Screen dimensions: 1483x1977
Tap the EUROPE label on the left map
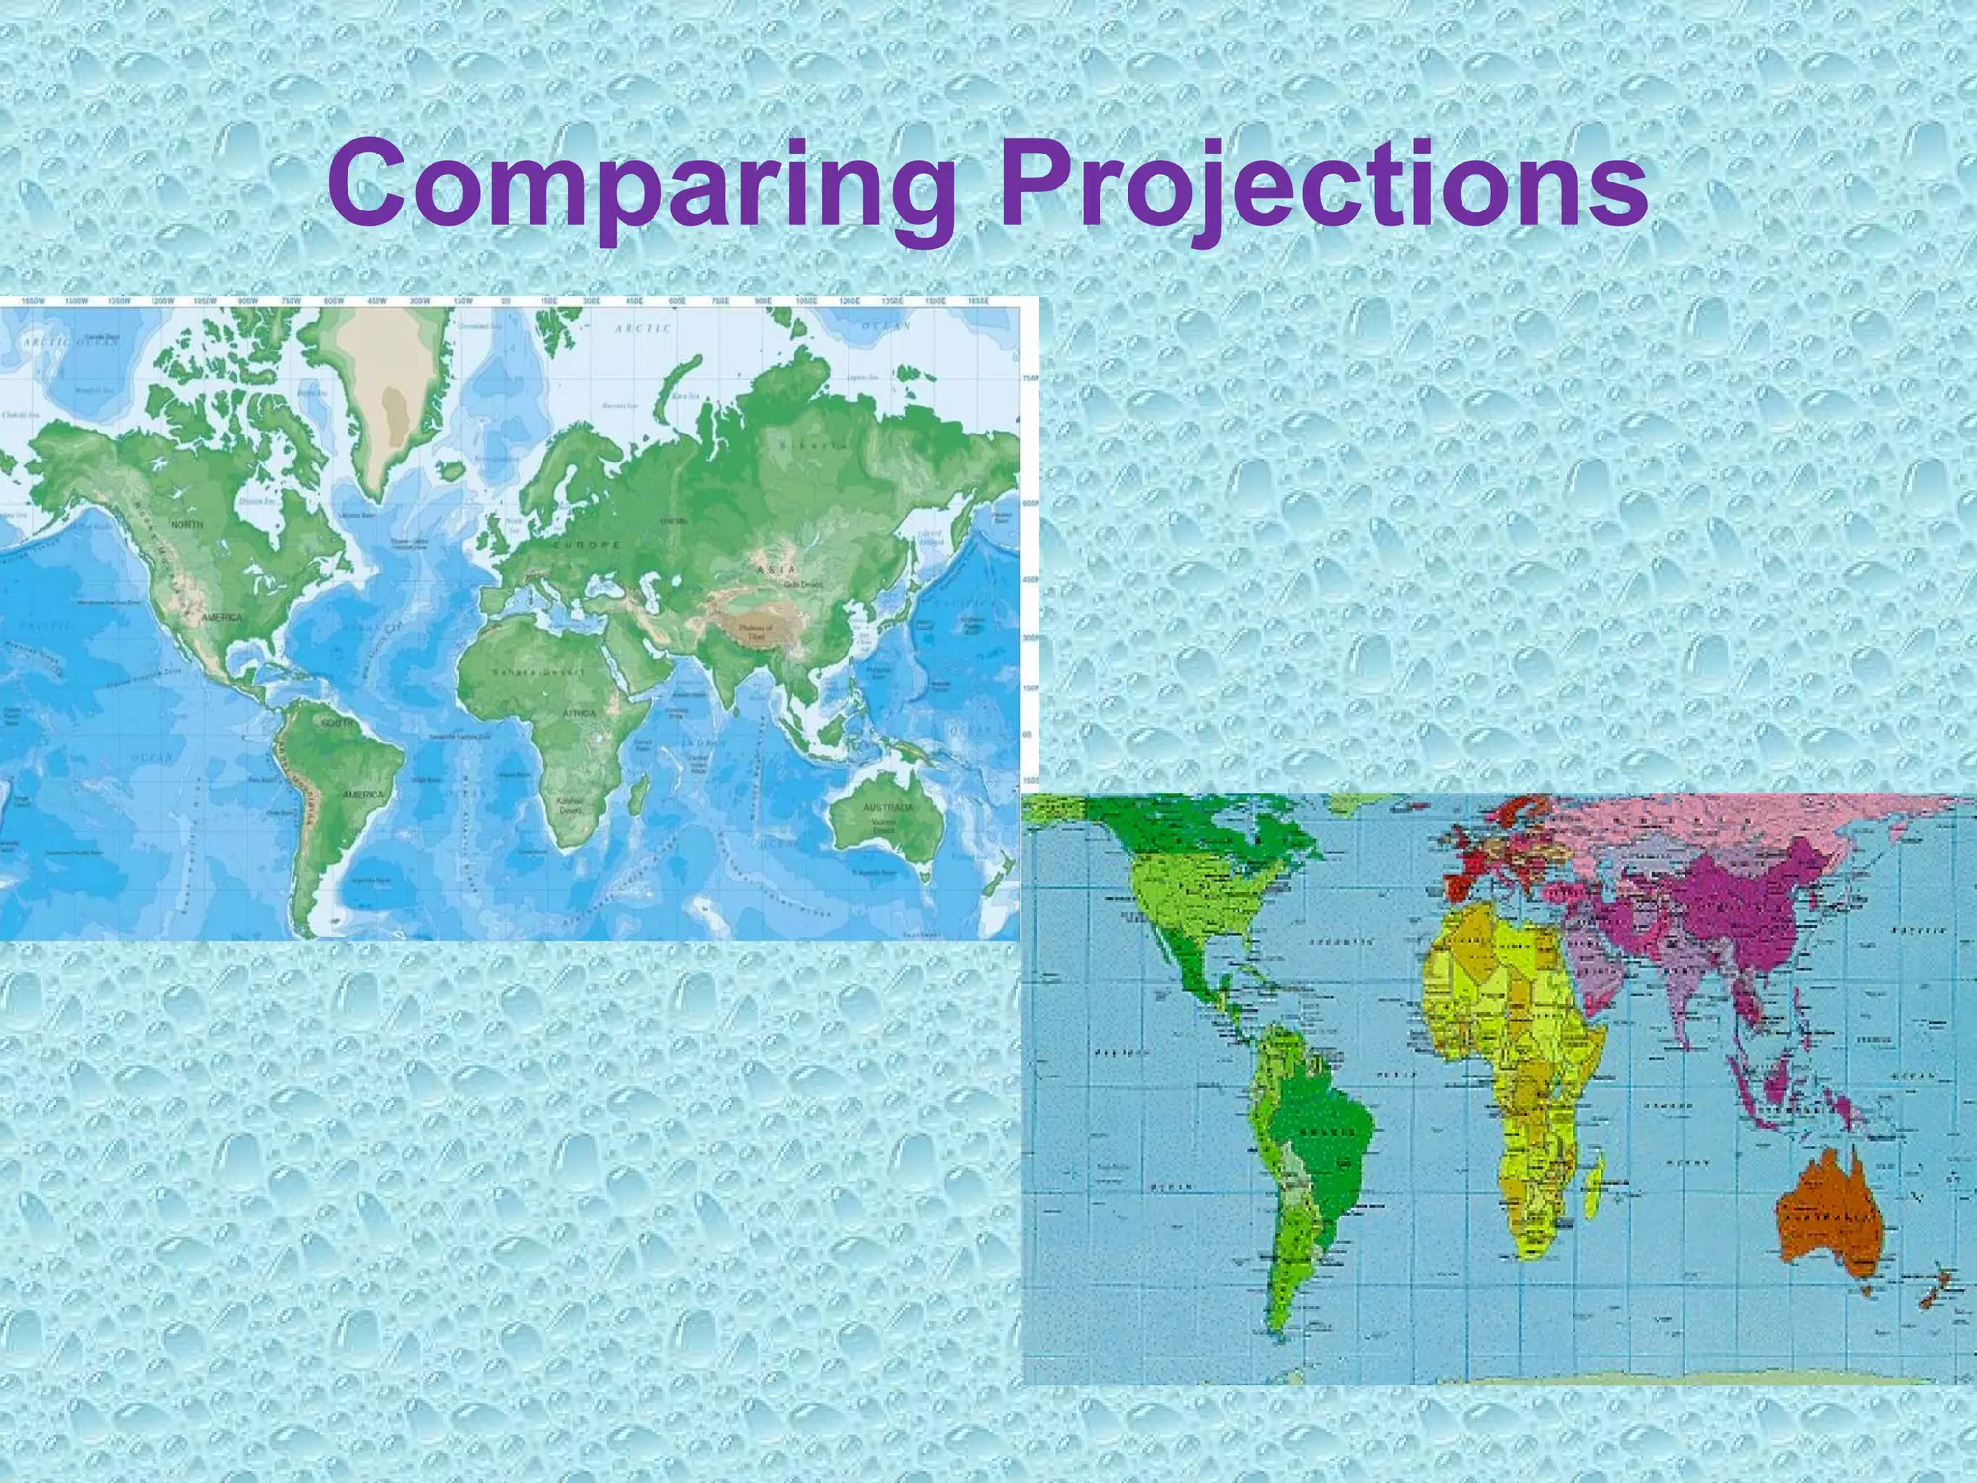click(587, 546)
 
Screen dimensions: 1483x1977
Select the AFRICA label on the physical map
click(579, 713)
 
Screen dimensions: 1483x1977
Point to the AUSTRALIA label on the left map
click(888, 807)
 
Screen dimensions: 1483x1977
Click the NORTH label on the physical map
click(187, 524)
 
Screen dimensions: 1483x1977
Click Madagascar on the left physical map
click(637, 796)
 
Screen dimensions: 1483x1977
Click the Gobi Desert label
click(803, 584)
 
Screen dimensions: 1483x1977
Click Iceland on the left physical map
click(452, 469)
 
